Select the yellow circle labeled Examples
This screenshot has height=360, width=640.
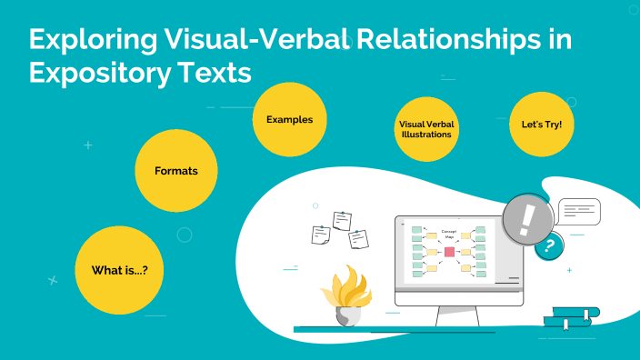[x=289, y=119]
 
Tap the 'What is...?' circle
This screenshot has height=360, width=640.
[x=119, y=270]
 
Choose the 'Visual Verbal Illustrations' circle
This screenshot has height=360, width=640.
[x=425, y=128]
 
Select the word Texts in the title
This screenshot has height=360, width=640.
[x=215, y=73]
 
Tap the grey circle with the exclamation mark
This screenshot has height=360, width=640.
[x=528, y=219]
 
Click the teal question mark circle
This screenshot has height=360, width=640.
[x=548, y=245]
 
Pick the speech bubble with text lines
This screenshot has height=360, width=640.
[x=579, y=211]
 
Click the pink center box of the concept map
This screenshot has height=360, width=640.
[x=449, y=252]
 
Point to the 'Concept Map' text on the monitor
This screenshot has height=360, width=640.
[x=449, y=235]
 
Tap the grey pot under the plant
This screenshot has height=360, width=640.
[x=348, y=316]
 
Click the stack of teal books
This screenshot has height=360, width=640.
[x=570, y=317]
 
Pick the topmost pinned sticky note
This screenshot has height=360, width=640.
[x=342, y=219]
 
